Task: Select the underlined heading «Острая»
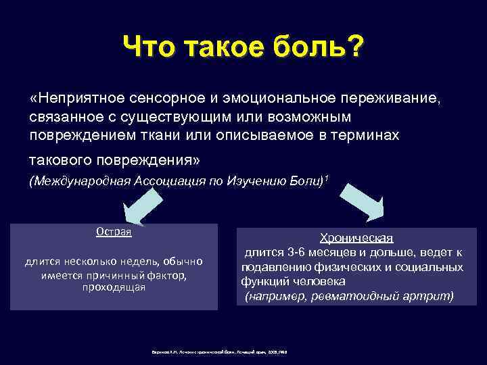coord(113,231)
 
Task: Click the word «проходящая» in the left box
coord(114,287)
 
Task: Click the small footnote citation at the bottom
coord(223,353)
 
